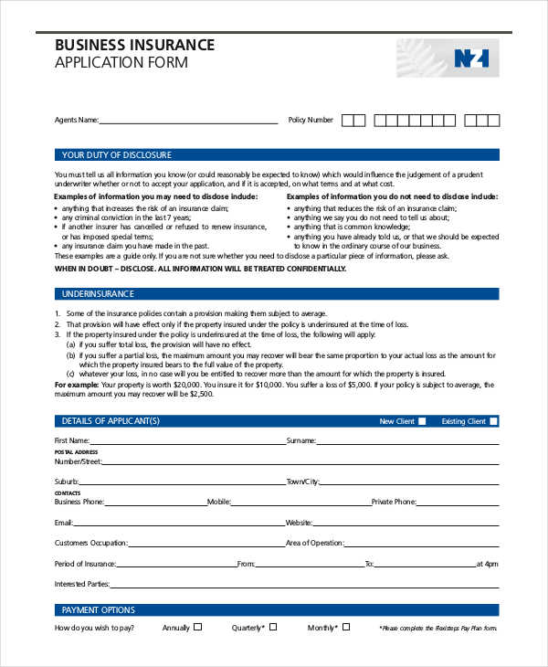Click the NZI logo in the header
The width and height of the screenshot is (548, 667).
(470, 58)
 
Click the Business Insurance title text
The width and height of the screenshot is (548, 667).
(135, 45)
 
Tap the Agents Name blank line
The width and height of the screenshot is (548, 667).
(187, 121)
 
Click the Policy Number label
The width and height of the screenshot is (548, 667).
(311, 120)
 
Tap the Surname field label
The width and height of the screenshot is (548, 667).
(300, 440)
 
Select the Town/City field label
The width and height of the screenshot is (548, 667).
(302, 481)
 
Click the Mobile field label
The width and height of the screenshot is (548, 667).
(218, 502)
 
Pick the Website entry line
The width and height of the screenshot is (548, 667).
(406, 524)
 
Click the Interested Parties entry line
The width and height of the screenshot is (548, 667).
(305, 585)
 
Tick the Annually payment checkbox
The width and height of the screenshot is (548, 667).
(197, 628)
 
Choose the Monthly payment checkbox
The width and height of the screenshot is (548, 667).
(347, 628)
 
